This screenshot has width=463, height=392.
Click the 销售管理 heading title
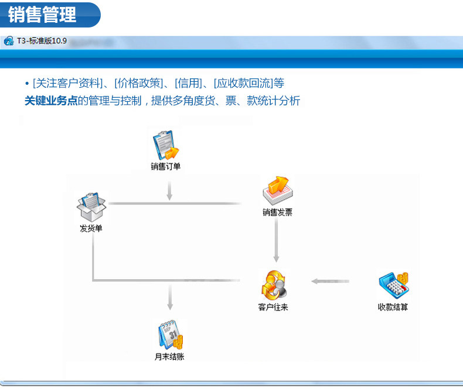point(43,15)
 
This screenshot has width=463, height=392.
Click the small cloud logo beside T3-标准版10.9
point(9,41)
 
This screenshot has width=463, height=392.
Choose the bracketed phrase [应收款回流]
point(243,83)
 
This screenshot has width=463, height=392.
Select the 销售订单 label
point(165,167)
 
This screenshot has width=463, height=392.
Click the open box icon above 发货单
point(92,206)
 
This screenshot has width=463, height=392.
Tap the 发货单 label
point(91,228)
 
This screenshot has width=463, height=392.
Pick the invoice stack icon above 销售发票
point(277,191)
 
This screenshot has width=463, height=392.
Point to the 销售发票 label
point(277,213)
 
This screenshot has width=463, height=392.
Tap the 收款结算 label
point(393,307)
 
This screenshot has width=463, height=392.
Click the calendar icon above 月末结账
point(170,335)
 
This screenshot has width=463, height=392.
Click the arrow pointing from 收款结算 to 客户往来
point(330,281)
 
